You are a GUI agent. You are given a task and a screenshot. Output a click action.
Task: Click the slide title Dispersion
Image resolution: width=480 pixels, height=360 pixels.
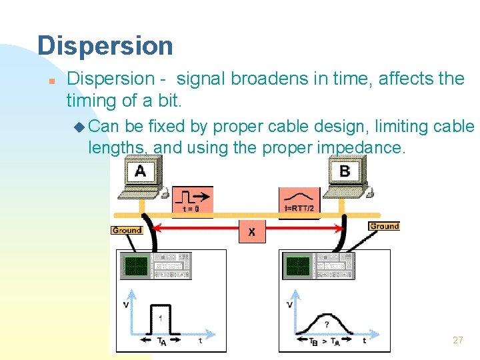105,46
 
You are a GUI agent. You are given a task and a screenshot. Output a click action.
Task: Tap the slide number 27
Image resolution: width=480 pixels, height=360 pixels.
457,340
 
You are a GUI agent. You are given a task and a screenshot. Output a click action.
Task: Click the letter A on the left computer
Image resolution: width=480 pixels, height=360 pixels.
140,171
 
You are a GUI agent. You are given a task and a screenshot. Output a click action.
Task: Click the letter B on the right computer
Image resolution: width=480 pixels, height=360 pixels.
345,171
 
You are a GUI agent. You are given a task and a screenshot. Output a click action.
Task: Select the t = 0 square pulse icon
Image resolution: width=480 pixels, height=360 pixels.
193,199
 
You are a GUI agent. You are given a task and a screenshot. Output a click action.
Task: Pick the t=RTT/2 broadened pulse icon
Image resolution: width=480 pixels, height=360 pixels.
299,199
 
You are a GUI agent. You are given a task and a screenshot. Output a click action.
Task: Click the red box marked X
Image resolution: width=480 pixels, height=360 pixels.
251,232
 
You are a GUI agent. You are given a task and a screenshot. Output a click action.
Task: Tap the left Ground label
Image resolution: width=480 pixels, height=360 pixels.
127,230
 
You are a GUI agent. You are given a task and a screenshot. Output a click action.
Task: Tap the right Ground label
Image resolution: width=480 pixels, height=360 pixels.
384,226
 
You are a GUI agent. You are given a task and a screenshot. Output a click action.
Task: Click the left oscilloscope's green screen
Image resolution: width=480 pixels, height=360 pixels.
137,266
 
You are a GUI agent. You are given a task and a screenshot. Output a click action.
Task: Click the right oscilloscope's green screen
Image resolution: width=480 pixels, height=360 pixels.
298,267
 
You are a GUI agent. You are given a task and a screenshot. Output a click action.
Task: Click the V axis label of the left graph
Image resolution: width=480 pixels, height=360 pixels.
126,305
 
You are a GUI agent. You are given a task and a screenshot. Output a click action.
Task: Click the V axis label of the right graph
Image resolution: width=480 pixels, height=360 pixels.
289,305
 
